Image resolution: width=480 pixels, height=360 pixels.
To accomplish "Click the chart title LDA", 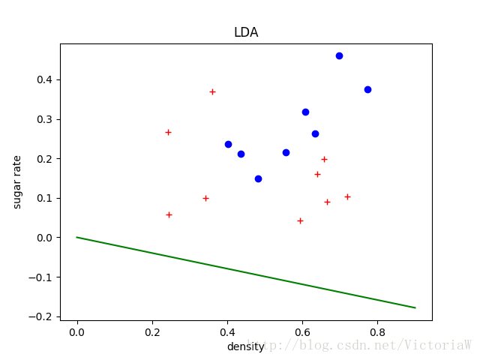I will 246,33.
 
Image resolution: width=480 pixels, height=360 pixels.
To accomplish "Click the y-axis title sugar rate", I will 18,181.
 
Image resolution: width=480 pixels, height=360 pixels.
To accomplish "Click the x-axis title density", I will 246,347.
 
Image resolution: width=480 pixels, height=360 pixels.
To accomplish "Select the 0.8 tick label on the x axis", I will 377,331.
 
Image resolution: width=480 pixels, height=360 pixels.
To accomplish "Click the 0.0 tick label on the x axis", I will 76,331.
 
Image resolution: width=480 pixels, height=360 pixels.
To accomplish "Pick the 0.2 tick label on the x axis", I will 152,331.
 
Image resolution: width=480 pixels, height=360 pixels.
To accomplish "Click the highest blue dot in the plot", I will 339,55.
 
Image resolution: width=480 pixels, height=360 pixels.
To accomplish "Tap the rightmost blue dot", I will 367,89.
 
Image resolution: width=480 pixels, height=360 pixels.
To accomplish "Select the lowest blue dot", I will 258,178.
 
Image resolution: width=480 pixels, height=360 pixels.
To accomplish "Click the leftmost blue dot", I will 228,144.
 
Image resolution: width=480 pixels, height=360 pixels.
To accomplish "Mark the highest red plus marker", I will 212,91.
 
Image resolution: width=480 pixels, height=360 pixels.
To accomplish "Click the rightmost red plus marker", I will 347,196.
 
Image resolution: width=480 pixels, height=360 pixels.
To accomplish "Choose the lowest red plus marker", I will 300,220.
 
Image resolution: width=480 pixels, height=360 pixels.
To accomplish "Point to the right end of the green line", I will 415,307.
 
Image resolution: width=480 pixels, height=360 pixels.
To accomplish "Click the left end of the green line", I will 77,237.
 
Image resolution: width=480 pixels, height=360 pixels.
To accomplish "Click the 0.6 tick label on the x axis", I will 302,331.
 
